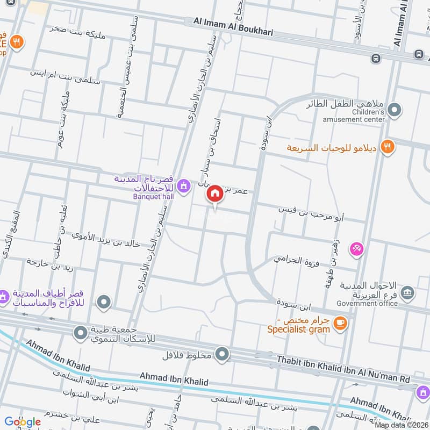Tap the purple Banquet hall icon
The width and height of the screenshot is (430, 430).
click(184, 186)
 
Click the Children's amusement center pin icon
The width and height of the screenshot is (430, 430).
click(395, 110)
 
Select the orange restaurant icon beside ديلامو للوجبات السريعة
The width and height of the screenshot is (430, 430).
click(387, 146)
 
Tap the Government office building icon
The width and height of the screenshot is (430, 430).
click(408, 293)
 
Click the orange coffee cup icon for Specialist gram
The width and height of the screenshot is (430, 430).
click(340, 322)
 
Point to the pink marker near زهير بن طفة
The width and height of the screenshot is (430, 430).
click(356, 249)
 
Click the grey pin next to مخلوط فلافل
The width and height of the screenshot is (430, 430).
click(222, 354)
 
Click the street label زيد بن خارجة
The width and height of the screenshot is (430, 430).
click(54, 264)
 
